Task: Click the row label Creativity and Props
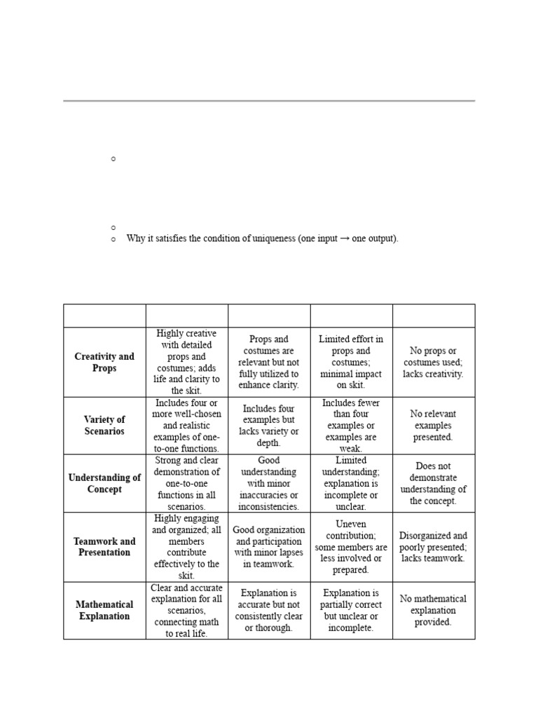pyautogui.click(x=104, y=363)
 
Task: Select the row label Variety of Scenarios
pyautogui.click(x=104, y=426)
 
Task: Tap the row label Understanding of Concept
pyautogui.click(x=104, y=483)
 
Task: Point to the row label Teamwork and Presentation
pyautogui.click(x=104, y=547)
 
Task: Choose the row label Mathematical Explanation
pyautogui.click(x=104, y=610)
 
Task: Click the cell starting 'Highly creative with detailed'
pyautogui.click(x=186, y=362)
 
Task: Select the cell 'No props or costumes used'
pyautogui.click(x=433, y=363)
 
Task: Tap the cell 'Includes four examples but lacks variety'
pyautogui.click(x=268, y=426)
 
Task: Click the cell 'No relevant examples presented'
pyautogui.click(x=433, y=426)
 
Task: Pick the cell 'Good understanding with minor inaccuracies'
pyautogui.click(x=268, y=483)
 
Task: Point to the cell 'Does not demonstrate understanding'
pyautogui.click(x=433, y=483)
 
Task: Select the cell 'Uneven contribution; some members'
pyautogui.click(x=351, y=547)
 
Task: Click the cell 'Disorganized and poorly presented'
pyautogui.click(x=433, y=547)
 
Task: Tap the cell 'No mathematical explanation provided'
pyautogui.click(x=433, y=610)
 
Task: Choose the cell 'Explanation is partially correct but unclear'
pyautogui.click(x=351, y=610)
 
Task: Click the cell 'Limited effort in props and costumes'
pyautogui.click(x=351, y=363)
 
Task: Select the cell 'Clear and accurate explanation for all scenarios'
pyautogui.click(x=186, y=610)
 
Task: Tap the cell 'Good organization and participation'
pyautogui.click(x=268, y=547)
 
